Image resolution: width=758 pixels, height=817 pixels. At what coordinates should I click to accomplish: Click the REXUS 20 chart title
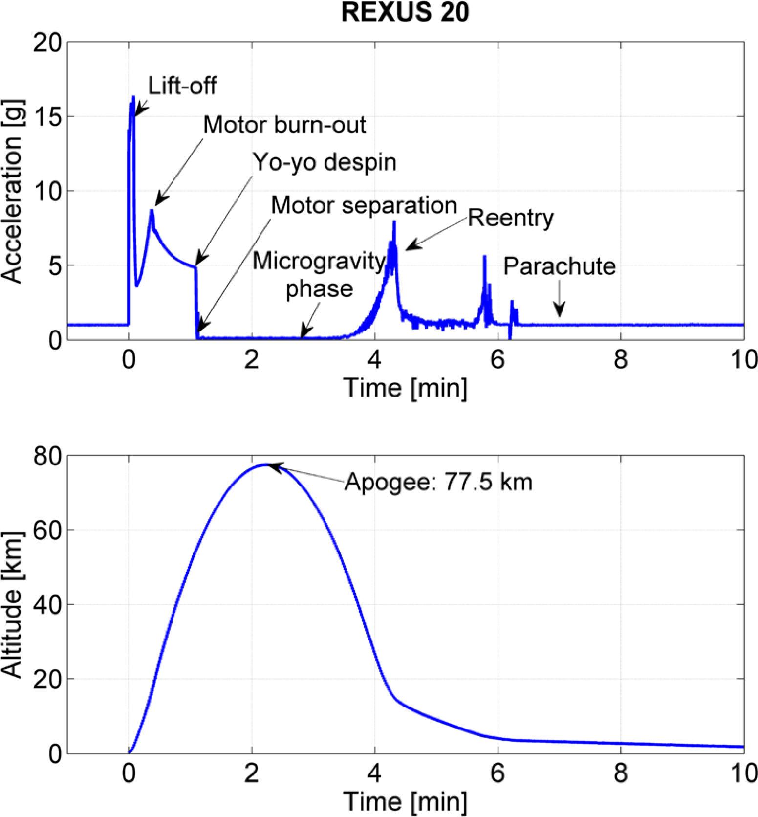coord(405,12)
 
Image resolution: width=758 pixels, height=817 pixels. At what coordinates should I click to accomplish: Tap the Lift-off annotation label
coord(182,87)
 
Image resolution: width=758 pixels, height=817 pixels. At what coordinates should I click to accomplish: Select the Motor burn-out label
coord(284,125)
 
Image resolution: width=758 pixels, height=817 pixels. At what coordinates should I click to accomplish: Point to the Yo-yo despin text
coord(324,162)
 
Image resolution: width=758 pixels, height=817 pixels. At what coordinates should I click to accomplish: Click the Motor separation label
coord(364,205)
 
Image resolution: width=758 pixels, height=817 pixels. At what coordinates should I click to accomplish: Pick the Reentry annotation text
coord(511,218)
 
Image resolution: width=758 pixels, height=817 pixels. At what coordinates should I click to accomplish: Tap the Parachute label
coord(560,266)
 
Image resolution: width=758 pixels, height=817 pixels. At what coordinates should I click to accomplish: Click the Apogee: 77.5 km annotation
coord(438,483)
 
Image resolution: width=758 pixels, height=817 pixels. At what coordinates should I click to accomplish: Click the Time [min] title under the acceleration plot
coord(405,388)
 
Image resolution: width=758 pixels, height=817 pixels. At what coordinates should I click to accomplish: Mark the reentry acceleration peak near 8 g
coord(394,222)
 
